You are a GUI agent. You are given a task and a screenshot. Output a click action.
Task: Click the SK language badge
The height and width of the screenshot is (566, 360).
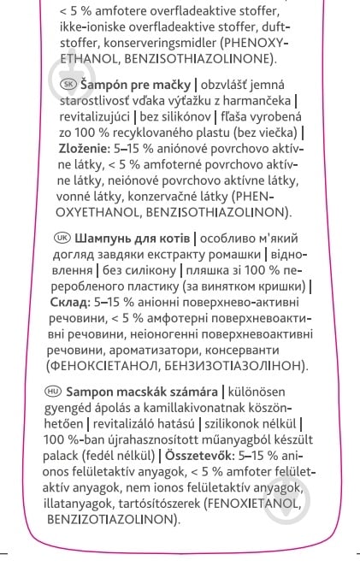click(x=69, y=84)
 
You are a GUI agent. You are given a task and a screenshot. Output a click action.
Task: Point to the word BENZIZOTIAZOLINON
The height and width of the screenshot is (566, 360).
click(x=110, y=519)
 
